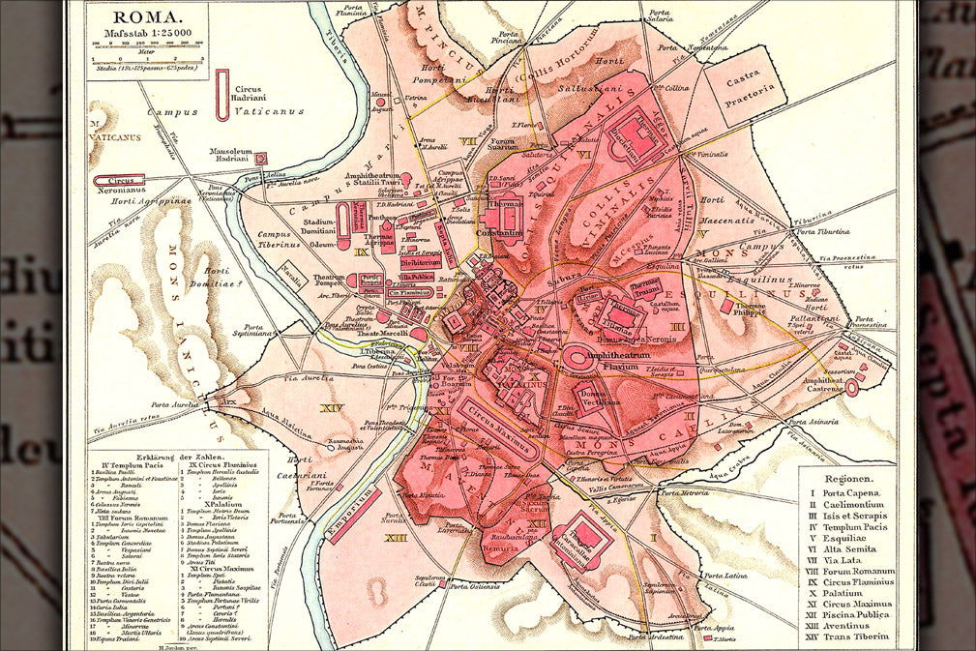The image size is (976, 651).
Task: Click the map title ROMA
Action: point(147,16)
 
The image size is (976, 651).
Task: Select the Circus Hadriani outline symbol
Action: point(222,95)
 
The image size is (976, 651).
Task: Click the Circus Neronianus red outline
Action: point(118,179)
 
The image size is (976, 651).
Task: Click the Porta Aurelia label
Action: point(175,404)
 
